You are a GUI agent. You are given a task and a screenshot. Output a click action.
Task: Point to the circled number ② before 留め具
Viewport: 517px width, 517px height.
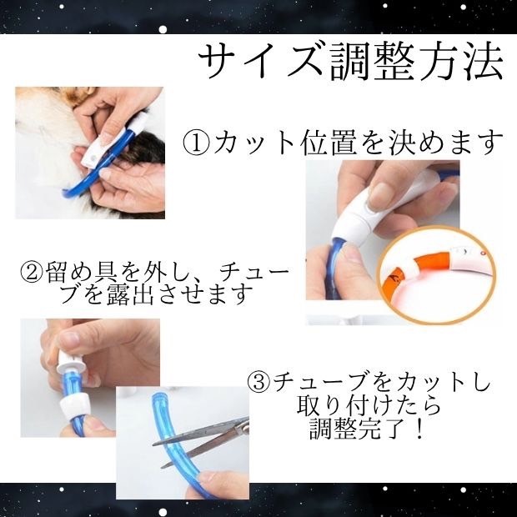click(x=30, y=272)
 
